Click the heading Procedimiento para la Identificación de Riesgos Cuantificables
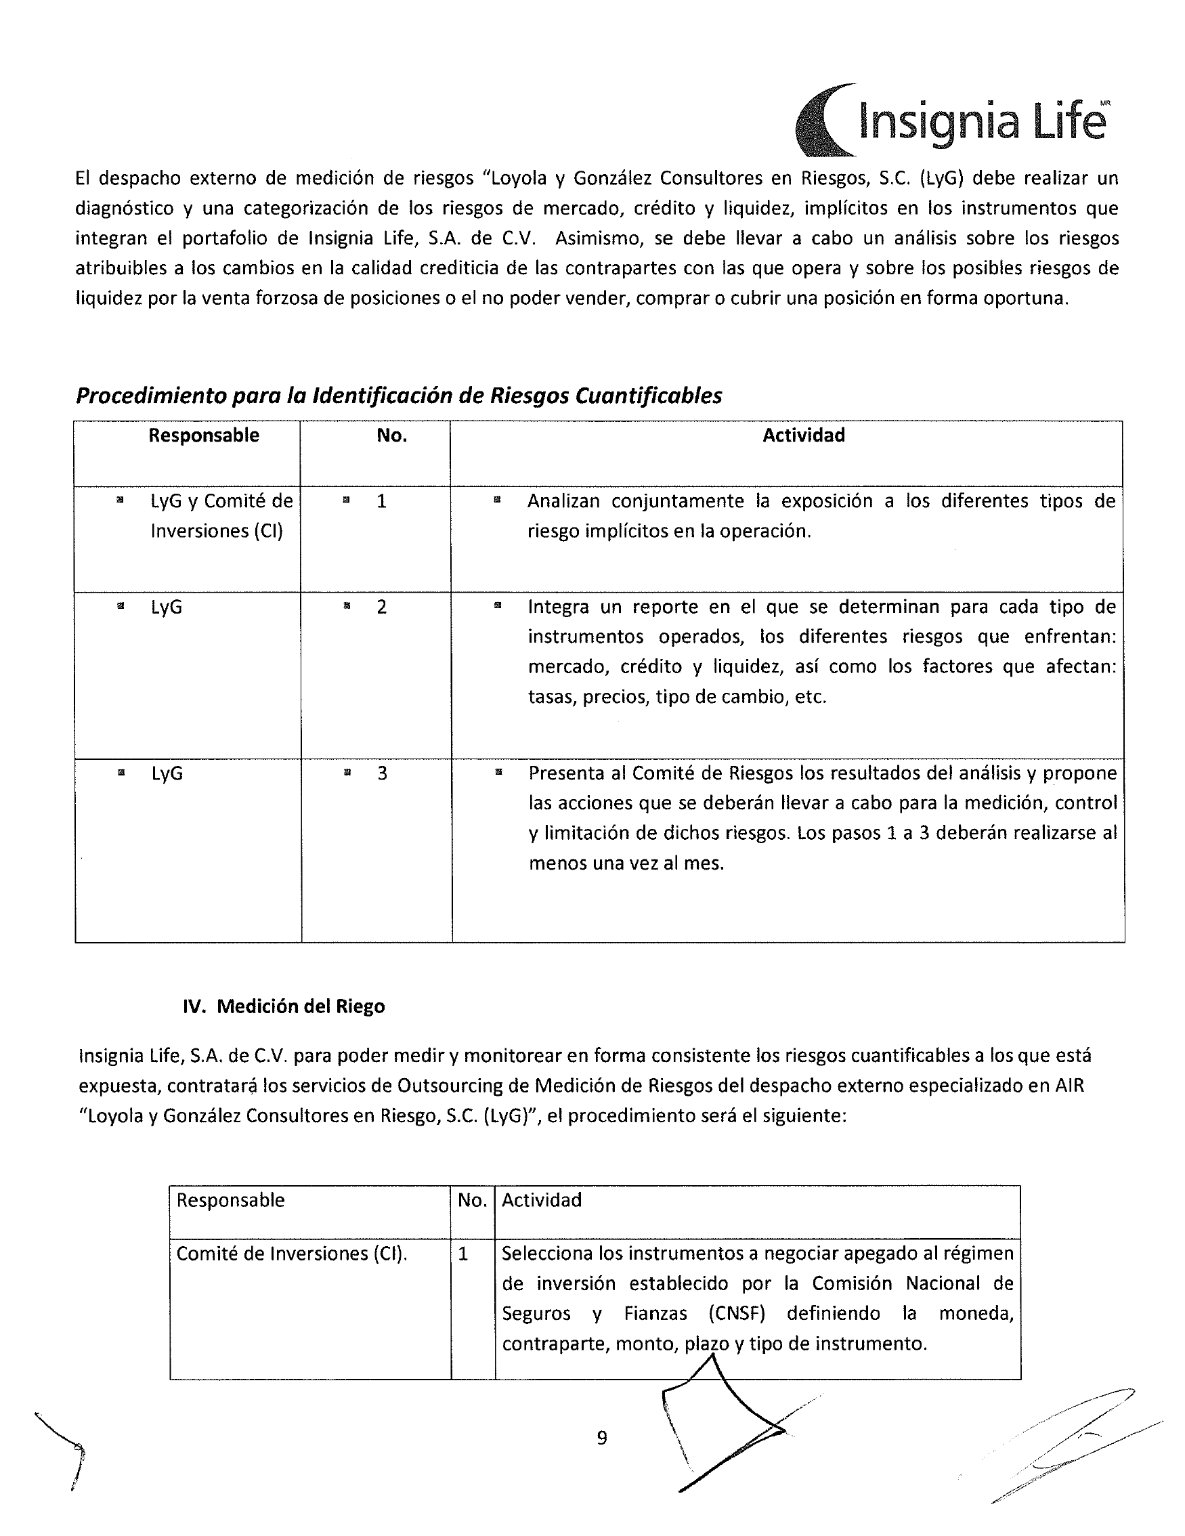click(x=399, y=396)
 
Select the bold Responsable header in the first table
click(x=204, y=435)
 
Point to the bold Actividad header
click(x=804, y=435)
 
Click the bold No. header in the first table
click(x=391, y=435)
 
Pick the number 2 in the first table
click(x=381, y=607)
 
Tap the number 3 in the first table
click(x=382, y=773)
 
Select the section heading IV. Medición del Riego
click(x=284, y=1006)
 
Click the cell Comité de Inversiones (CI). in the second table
click(x=292, y=1254)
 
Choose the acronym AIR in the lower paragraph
click(x=1069, y=1086)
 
